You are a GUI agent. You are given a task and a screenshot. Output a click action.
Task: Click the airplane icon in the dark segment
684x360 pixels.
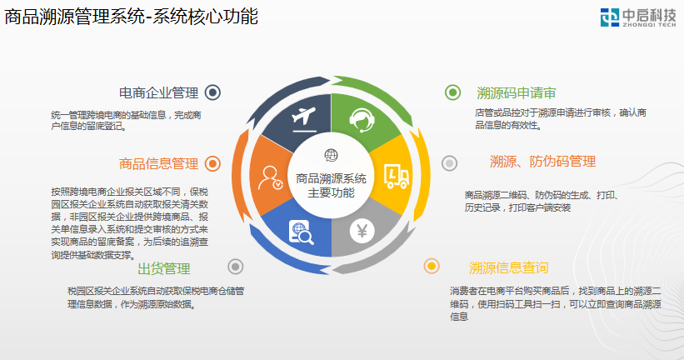pos(303,118)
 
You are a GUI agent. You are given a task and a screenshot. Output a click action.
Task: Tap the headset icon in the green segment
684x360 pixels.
pos(362,119)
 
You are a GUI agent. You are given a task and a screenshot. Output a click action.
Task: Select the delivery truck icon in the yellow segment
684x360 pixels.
pos(397,176)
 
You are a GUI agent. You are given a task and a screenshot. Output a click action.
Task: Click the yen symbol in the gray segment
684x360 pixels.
pos(362,231)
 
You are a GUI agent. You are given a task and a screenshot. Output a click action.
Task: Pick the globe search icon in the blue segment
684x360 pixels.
pos(301,232)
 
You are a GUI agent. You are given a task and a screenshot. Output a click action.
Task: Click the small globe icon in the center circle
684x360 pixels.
pos(331,155)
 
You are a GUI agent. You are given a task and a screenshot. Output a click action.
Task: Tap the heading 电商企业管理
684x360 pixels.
pos(159,93)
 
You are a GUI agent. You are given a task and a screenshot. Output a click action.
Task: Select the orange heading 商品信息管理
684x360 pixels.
pos(159,164)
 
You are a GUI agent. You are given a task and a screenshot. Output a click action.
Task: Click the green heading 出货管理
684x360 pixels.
pos(164,269)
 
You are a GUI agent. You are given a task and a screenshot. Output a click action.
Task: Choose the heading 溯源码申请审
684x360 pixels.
pos(517,93)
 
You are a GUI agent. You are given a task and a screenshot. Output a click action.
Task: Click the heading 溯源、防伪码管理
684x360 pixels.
pos(542,162)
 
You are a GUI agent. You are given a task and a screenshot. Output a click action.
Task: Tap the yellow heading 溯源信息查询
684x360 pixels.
pos(509,267)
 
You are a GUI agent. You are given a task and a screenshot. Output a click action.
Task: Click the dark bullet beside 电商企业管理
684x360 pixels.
pos(212,92)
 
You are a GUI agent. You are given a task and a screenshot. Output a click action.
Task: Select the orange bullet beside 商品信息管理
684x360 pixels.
pos(212,163)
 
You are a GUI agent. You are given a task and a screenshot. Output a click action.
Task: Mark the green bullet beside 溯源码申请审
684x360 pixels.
pos(452,92)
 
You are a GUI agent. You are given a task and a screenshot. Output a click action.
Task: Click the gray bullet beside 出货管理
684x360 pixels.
pos(236,267)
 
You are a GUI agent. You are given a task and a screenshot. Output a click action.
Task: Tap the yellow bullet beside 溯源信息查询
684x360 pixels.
pos(432,266)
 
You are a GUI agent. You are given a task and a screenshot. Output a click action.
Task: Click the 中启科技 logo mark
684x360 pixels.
pos(610,17)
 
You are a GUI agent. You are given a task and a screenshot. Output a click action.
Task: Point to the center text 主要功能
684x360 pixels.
pos(331,192)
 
